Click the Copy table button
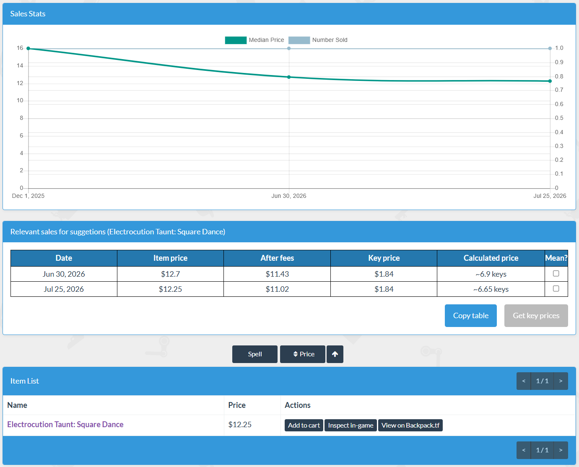pyautogui.click(x=470, y=316)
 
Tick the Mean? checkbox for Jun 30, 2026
pyautogui.click(x=556, y=274)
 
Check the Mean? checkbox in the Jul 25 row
pyautogui.click(x=556, y=289)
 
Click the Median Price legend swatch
pyautogui.click(x=236, y=40)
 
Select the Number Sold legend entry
pyautogui.click(x=318, y=40)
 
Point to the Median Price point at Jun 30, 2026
pyautogui.click(x=289, y=77)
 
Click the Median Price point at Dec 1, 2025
pyautogui.click(x=28, y=49)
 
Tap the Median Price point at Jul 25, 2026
pyautogui.click(x=550, y=81)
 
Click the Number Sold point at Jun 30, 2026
pyautogui.click(x=289, y=49)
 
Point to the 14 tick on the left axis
pyautogui.click(x=20, y=66)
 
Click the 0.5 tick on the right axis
pyautogui.click(x=559, y=118)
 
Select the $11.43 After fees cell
pyautogui.click(x=277, y=274)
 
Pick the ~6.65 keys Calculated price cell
pyautogui.click(x=491, y=289)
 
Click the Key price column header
pyautogui.click(x=384, y=258)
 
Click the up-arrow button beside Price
pyautogui.click(x=335, y=354)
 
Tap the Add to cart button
pyautogui.click(x=304, y=425)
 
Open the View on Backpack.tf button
pyautogui.click(x=410, y=425)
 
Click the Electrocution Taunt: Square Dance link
pyautogui.click(x=65, y=424)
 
